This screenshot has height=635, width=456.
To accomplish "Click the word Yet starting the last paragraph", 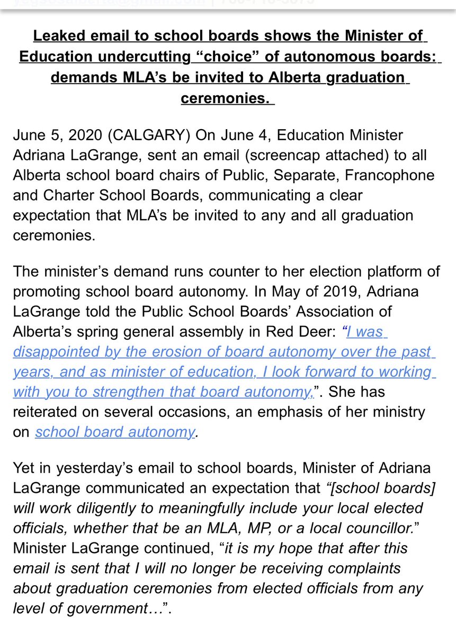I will (x=25, y=468).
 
